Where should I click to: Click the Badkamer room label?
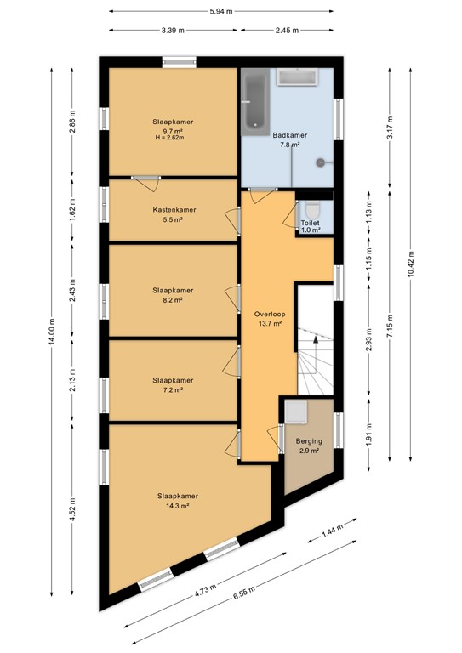(289, 135)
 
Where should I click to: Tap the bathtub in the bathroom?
(254, 101)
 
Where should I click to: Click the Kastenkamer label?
(174, 210)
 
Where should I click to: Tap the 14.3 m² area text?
(177, 505)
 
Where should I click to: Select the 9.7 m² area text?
(173, 131)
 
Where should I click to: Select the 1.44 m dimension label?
(334, 534)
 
